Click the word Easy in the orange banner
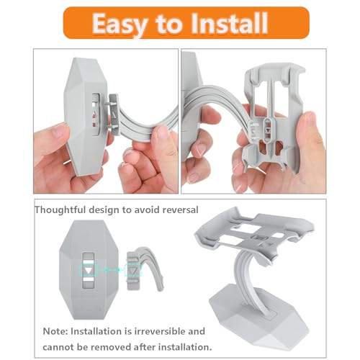pos(120,24)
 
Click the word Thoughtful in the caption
pos(60,210)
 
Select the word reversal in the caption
pos(180,210)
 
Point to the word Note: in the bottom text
pos(55,331)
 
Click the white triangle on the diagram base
pos(89,270)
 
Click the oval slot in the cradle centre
pos(267,130)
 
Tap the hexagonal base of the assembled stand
pos(258,319)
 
